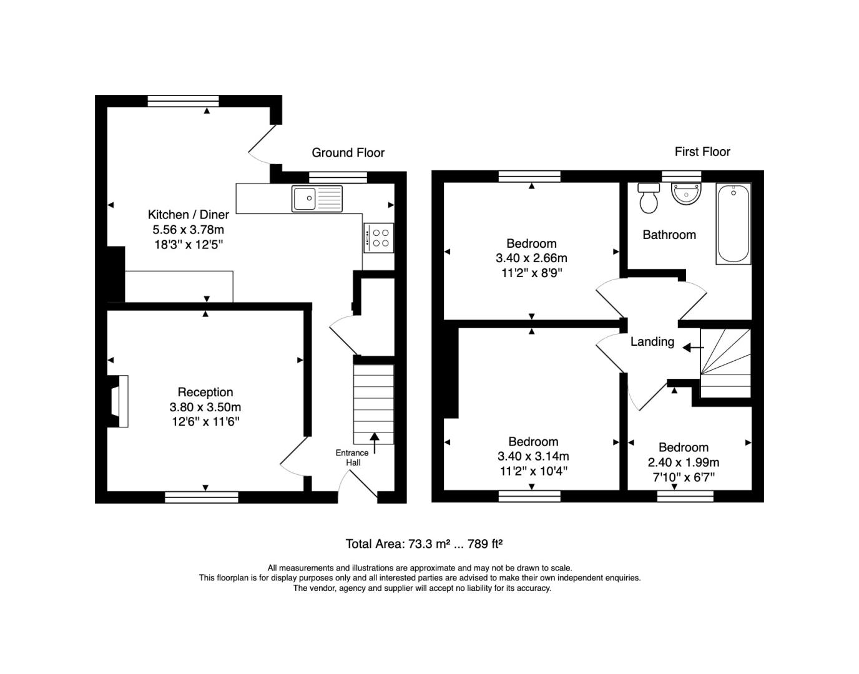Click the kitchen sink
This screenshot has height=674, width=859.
tap(317, 198)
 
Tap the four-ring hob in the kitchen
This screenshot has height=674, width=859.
tap(379, 238)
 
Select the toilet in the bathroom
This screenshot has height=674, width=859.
tap(649, 198)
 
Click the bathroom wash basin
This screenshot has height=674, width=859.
tap(686, 193)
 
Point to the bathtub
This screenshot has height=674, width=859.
tap(734, 223)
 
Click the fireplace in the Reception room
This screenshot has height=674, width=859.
tap(118, 401)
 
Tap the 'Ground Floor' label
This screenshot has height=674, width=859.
tap(348, 153)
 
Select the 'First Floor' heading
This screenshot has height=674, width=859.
tap(702, 152)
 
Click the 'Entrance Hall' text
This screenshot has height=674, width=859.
tap(352, 457)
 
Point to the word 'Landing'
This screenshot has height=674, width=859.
tap(652, 342)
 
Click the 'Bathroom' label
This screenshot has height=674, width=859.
tap(669, 235)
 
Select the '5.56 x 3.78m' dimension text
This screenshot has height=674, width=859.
tap(188, 230)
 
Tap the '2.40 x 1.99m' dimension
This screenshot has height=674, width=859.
tap(684, 462)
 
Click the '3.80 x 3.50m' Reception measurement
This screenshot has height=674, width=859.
tap(205, 407)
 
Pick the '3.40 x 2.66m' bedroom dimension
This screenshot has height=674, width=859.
tap(531, 258)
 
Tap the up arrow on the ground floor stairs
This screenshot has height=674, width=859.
tap(374, 443)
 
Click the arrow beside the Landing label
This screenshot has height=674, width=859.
tap(694, 348)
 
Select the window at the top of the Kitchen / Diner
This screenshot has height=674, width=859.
tap(183, 101)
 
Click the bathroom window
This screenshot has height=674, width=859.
tap(682, 176)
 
